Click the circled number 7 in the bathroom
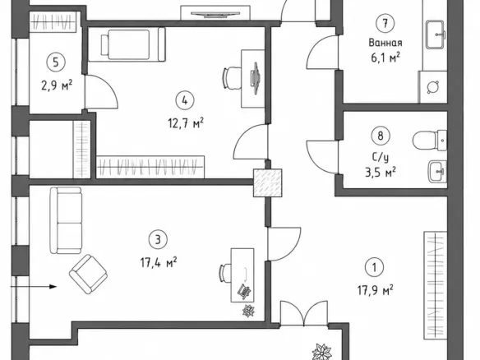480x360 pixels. pos(385,23)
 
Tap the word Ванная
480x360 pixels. pos(385,43)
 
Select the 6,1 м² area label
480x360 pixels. pos(385,57)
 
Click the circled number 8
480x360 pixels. pos(381,136)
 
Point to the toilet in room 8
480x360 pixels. pos(429,141)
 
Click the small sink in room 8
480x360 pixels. pos(437,172)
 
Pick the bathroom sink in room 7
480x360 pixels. pos(435,35)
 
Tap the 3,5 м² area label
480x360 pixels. pos(381,172)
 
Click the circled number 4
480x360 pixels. pos(185,101)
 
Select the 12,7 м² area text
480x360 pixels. pos(186,123)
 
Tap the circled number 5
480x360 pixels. pos(56,62)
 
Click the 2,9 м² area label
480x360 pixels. pos(57,85)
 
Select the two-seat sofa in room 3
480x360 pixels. pos(66,220)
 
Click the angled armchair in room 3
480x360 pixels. pos(88,275)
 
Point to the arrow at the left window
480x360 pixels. pos(34,287)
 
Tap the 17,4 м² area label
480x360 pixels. pos(159,262)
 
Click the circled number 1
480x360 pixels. pos(375,268)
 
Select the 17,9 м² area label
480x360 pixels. pos(376,290)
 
